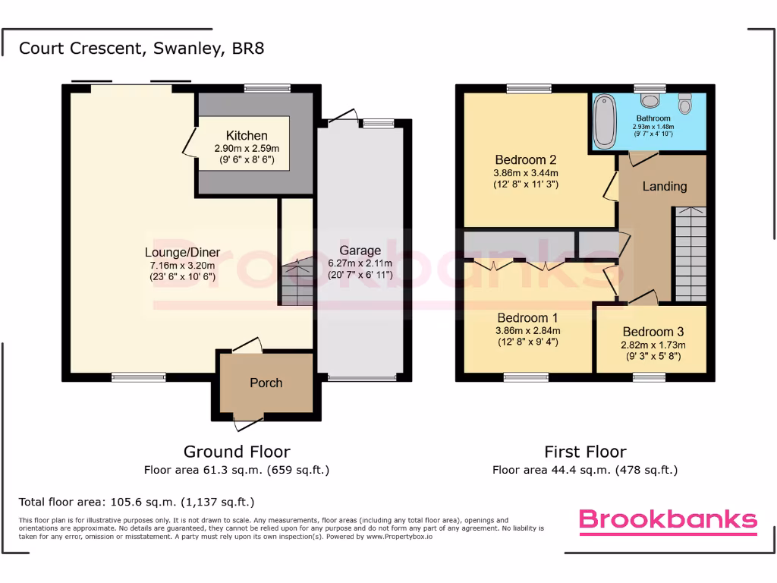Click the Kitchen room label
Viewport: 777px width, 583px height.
point(247,136)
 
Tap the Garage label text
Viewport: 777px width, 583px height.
point(360,251)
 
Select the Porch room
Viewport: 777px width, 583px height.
point(266,383)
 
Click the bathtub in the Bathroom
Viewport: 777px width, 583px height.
point(605,121)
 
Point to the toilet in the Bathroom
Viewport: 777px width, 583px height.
point(685,103)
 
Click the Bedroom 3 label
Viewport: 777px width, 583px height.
point(653,332)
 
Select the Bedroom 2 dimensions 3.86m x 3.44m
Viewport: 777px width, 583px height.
point(526,172)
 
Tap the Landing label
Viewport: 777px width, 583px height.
point(664,186)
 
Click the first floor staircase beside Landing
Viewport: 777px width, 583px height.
point(690,254)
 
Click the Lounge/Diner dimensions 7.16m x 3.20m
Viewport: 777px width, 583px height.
point(182,265)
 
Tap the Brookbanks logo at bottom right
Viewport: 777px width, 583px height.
point(668,520)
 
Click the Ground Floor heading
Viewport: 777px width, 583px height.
point(237,452)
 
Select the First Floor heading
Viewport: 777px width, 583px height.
point(585,452)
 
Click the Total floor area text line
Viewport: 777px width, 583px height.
point(137,502)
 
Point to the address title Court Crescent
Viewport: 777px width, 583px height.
point(141,49)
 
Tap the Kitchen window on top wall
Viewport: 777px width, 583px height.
point(267,88)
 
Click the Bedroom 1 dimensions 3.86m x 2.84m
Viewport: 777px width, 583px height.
point(527,330)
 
